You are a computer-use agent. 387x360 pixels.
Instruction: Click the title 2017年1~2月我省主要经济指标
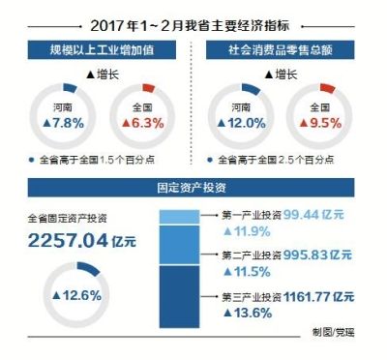(193, 23)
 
